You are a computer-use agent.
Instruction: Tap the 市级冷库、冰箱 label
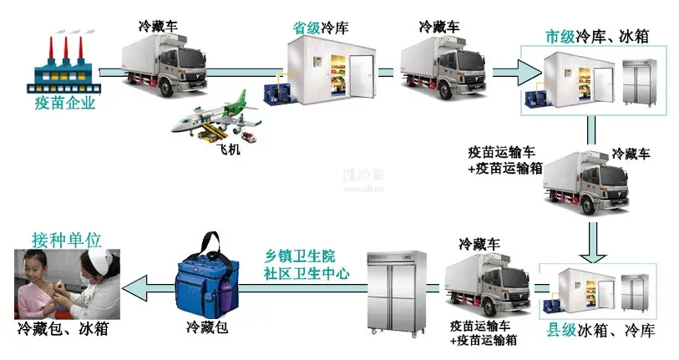click(x=596, y=37)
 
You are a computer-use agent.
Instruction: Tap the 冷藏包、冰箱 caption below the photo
click(x=63, y=328)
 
